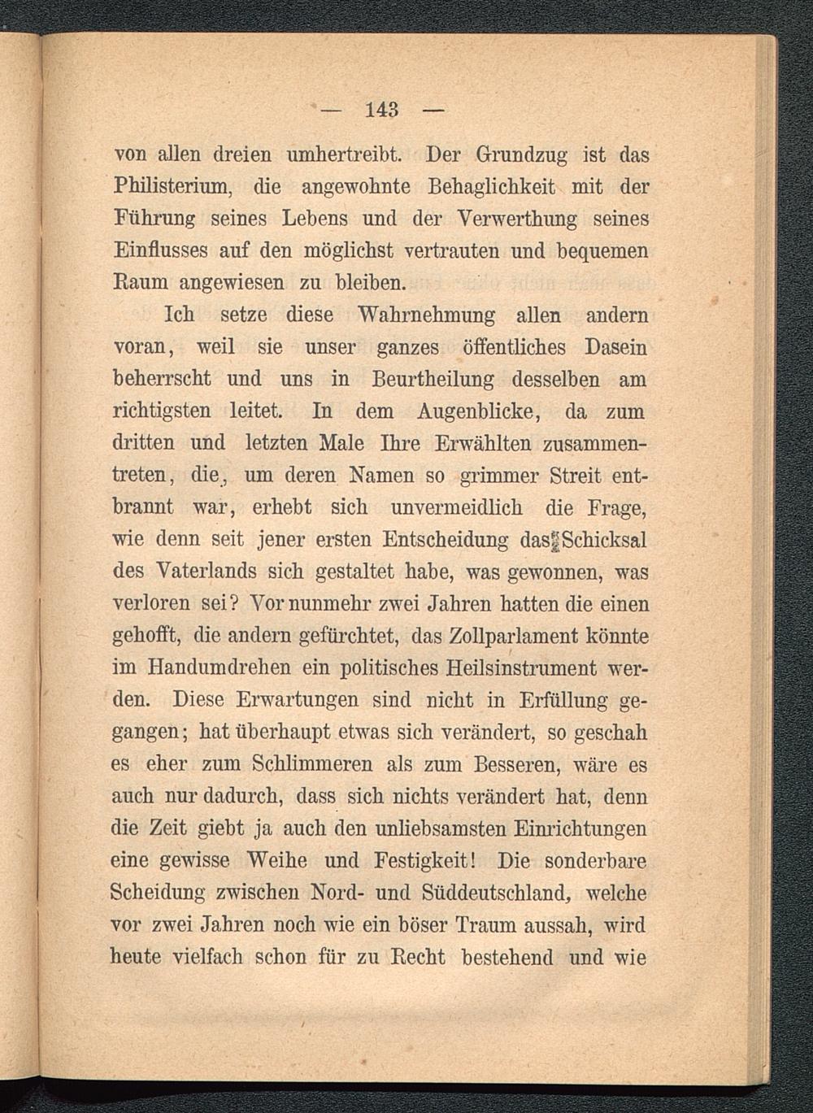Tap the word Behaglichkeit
click(488, 187)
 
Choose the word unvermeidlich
click(461, 507)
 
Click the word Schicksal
click(603, 540)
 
